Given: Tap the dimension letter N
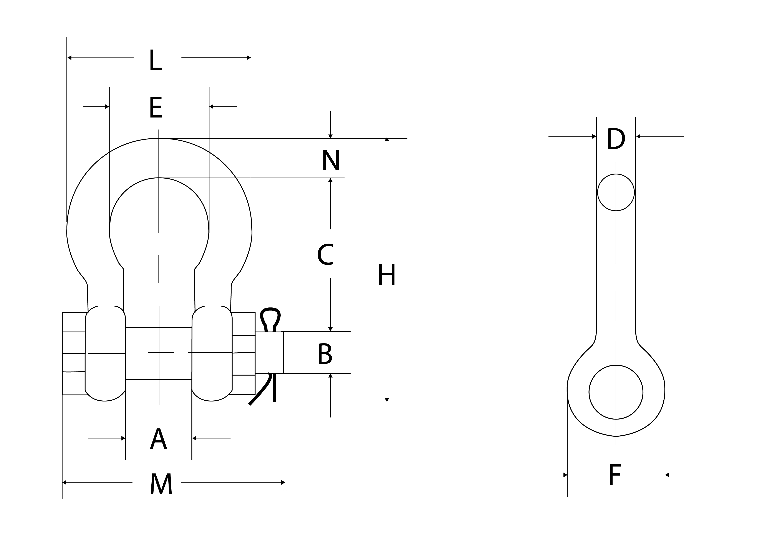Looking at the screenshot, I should point(331,160).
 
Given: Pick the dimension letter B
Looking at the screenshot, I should point(325,354).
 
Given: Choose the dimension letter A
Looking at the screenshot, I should point(158,439).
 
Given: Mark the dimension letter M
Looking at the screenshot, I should point(161,484).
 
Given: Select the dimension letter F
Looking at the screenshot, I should point(615,475).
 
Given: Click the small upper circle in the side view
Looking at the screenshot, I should point(616,192).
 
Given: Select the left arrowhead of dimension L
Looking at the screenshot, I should point(69,58).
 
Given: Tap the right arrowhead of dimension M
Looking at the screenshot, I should point(283,482).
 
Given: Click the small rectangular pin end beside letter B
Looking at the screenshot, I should point(269,352).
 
